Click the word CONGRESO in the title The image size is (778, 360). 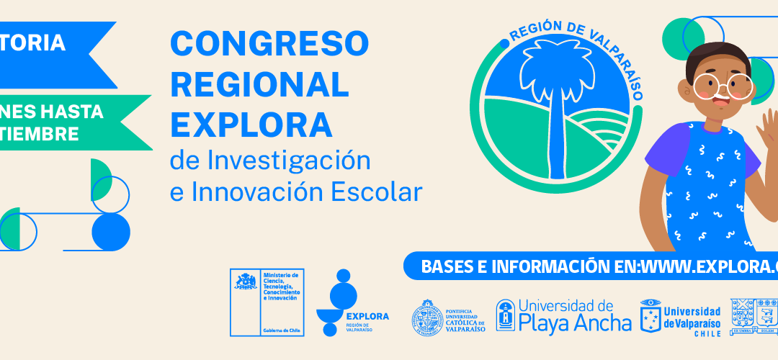point(269,45)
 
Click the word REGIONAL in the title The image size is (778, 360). point(260,85)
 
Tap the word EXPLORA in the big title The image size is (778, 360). point(251,125)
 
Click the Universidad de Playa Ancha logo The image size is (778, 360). point(564,315)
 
